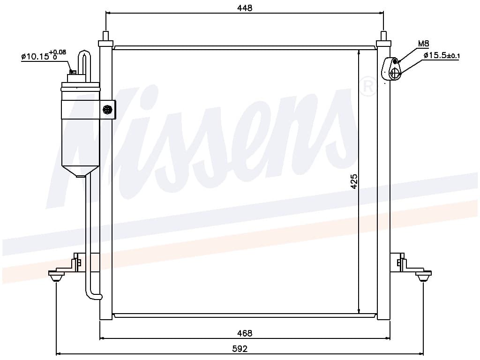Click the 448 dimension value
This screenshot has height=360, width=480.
(x=245, y=8)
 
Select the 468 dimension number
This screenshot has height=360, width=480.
(x=245, y=333)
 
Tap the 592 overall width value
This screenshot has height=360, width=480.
(x=240, y=349)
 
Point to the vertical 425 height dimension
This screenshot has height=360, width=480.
(x=354, y=181)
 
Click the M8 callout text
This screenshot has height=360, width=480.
(x=423, y=44)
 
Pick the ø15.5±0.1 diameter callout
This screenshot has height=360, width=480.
(x=442, y=56)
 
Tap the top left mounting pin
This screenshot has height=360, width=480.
(x=105, y=36)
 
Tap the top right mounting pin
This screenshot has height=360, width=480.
(x=383, y=36)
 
